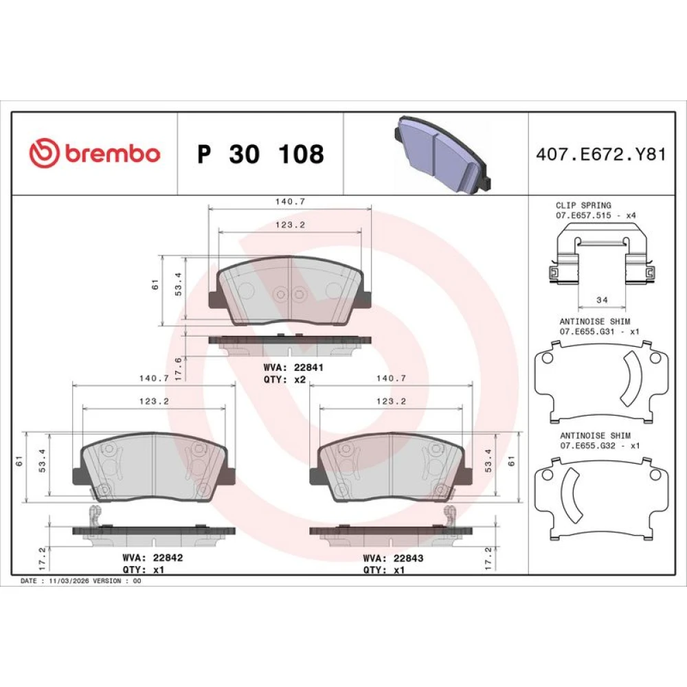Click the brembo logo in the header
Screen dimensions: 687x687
coord(95,153)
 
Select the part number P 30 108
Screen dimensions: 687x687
coord(260,154)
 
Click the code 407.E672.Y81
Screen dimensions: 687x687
coord(600,154)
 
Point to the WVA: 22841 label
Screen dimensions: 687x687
coord(293,368)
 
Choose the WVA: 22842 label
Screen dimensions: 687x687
coord(153,558)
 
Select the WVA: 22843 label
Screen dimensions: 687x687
coord(393,558)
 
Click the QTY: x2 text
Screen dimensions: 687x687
coord(284,379)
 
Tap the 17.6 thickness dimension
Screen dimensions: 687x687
coord(178,368)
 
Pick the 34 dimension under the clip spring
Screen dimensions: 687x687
coord(602,300)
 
